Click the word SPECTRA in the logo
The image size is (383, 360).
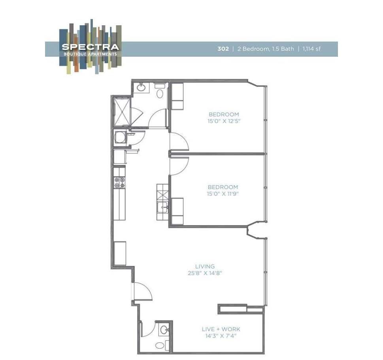click(91, 47)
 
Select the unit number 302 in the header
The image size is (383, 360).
click(223, 49)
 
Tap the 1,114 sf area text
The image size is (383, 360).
click(311, 49)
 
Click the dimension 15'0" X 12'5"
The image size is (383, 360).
click(224, 121)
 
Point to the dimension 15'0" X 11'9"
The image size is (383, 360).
click(224, 194)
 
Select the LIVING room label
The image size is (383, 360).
click(205, 266)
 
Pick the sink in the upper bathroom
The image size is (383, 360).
click(141, 87)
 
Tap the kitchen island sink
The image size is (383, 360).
click(163, 207)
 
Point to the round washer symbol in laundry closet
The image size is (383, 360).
click(119, 138)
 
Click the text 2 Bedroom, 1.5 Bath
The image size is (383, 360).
click(266, 49)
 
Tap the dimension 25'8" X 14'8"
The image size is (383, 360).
click(205, 273)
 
